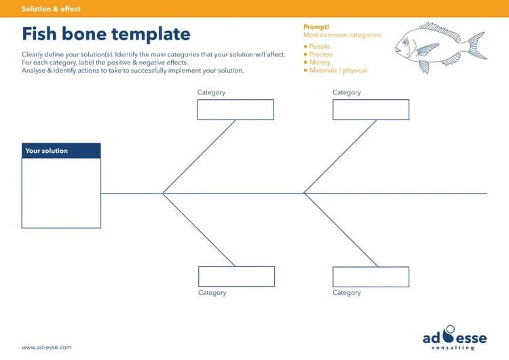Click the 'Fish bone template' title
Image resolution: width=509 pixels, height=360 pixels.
(x=106, y=34)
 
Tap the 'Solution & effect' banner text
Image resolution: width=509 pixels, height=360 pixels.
(x=51, y=9)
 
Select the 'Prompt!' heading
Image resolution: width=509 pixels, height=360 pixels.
(x=316, y=26)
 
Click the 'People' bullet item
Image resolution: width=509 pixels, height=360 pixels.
(x=319, y=47)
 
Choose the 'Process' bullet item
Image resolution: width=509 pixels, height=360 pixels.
(x=320, y=54)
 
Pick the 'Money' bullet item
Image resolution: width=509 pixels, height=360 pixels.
(x=320, y=62)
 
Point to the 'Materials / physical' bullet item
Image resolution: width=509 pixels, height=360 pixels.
(x=338, y=71)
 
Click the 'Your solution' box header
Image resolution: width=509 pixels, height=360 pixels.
(x=61, y=151)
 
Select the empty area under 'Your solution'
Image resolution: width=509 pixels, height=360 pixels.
(x=61, y=193)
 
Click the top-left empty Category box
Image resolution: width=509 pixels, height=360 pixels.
(x=235, y=109)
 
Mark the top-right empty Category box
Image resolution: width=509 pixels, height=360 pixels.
(x=371, y=109)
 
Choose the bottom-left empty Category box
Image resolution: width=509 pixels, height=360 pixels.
(x=236, y=276)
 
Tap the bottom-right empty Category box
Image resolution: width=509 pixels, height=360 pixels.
(x=371, y=276)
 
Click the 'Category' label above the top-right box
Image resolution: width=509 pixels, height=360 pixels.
(x=347, y=92)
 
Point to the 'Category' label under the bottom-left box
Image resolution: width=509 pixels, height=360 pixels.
(x=212, y=293)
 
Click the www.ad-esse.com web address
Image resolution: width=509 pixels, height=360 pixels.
(x=46, y=347)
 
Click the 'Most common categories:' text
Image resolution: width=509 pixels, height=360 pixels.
(x=343, y=35)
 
